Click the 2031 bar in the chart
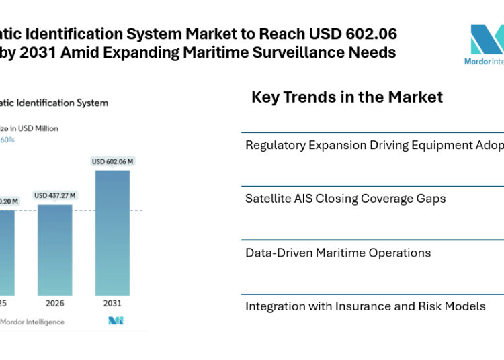[112, 232]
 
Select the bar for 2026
[54, 249]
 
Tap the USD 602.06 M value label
[112, 161]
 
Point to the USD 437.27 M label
[54, 195]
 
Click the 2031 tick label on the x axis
[112, 303]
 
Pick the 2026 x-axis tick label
[54, 303]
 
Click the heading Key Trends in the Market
[347, 97]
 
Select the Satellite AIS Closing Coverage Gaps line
[345, 198]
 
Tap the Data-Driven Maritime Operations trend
[338, 253]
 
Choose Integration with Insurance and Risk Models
[365, 306]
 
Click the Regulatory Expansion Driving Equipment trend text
[374, 145]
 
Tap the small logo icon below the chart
[116, 320]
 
